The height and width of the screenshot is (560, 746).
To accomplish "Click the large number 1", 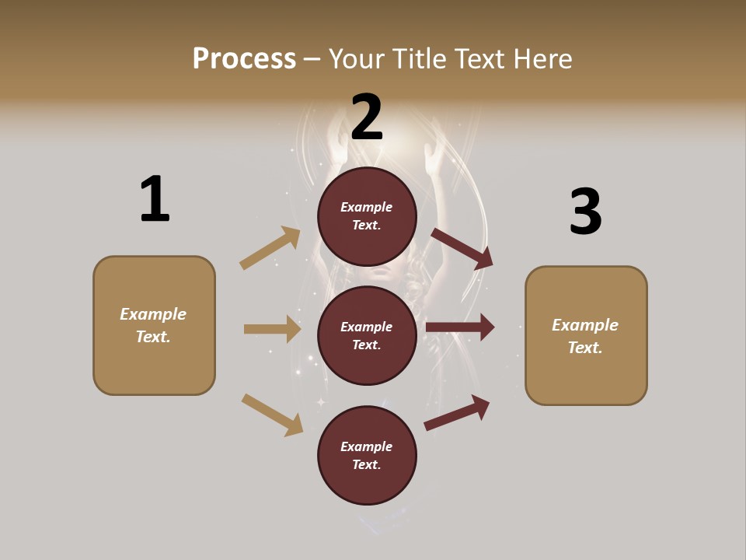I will point(155,199).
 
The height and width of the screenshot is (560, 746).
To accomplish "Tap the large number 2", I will point(367,117).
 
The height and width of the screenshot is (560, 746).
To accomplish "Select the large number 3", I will point(585,212).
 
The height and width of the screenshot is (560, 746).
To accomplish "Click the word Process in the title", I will point(244,58).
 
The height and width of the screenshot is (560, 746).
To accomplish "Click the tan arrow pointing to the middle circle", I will point(272,329).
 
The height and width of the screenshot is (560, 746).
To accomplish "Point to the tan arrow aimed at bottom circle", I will point(273,415).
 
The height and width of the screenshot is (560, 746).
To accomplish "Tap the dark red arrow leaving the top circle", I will point(462,248).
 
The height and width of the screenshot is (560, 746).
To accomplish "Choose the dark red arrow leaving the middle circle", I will point(460,327).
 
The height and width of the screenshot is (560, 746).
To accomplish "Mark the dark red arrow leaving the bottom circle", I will point(458,411).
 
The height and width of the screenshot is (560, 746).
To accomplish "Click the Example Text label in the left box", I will point(153,325).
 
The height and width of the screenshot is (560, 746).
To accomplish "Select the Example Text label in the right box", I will point(585,336).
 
